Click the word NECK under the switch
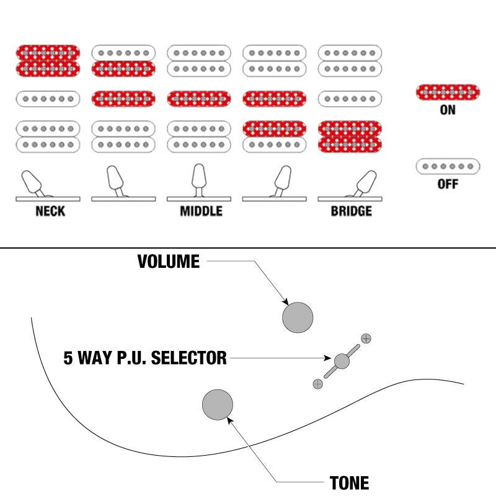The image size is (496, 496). [50, 211]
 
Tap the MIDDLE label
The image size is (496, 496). [201, 211]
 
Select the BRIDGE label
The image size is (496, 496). [352, 211]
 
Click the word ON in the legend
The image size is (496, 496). [448, 110]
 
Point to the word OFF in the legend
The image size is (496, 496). [448, 184]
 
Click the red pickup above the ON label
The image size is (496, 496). [448, 92]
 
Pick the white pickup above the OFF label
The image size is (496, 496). [448, 166]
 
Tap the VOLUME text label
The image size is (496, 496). [168, 261]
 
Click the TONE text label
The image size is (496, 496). [349, 483]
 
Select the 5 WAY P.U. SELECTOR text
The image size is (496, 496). [145, 358]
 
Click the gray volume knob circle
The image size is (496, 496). [298, 317]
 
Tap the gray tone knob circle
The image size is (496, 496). [218, 405]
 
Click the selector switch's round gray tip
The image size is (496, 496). [342, 361]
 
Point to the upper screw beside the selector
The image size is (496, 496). [366, 339]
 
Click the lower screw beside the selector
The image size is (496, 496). [317, 384]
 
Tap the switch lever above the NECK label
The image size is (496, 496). [33, 183]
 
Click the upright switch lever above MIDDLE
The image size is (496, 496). [199, 180]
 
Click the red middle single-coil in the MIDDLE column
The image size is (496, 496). [199, 99]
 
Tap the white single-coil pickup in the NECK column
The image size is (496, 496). [48, 99]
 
